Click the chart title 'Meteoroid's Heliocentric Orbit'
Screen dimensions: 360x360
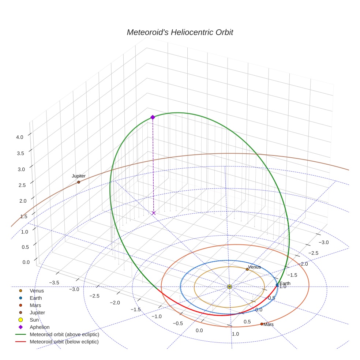click(x=180, y=33)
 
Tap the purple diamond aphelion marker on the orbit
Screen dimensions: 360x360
click(x=153, y=117)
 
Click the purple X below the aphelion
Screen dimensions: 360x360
click(x=153, y=213)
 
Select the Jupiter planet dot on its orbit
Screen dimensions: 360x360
click(x=79, y=182)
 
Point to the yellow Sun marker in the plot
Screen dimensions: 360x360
click(x=229, y=287)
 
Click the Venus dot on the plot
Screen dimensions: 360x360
click(x=247, y=269)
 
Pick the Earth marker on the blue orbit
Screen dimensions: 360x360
click(x=277, y=285)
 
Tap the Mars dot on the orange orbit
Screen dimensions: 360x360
click(x=262, y=324)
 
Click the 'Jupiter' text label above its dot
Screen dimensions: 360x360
click(x=79, y=176)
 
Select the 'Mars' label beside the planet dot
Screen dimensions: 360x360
click(x=269, y=325)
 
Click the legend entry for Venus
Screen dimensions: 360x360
click(x=37, y=291)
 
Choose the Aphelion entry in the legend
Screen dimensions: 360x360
click(x=40, y=327)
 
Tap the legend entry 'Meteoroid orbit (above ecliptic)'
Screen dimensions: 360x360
click(x=64, y=334)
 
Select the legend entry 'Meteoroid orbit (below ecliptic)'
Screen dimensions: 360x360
click(x=64, y=342)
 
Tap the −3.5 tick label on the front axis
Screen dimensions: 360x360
click(x=54, y=282)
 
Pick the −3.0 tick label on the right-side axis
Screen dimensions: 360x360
click(x=324, y=242)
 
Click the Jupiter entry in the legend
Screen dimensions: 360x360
click(x=37, y=312)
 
